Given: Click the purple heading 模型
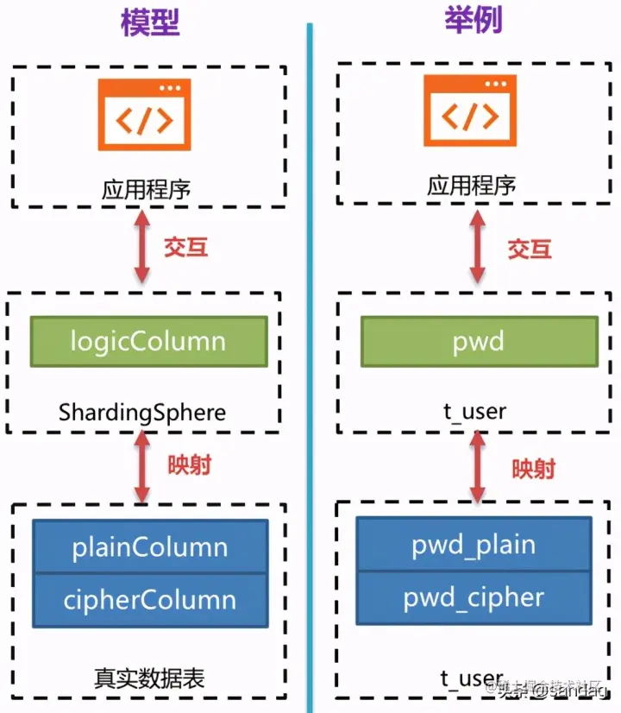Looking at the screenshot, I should pos(150,22).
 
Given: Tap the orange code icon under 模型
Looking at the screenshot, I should pos(144,114).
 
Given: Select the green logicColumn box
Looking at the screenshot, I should pos(147,340).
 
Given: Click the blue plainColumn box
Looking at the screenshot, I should pos(150,547).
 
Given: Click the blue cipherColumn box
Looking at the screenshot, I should pos(150,599).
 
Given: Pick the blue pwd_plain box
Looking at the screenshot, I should pos(474,545).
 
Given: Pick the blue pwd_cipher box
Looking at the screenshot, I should pos(474,597).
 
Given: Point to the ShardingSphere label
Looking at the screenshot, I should pos(142,412).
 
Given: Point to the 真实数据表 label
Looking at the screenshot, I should pos(149,678).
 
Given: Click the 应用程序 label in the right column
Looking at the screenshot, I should pos(472,186).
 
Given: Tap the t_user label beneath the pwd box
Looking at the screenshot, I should pos(474,412).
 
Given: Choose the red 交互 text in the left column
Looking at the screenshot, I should pos(186,247).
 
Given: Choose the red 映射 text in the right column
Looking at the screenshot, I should pos(534,469).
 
